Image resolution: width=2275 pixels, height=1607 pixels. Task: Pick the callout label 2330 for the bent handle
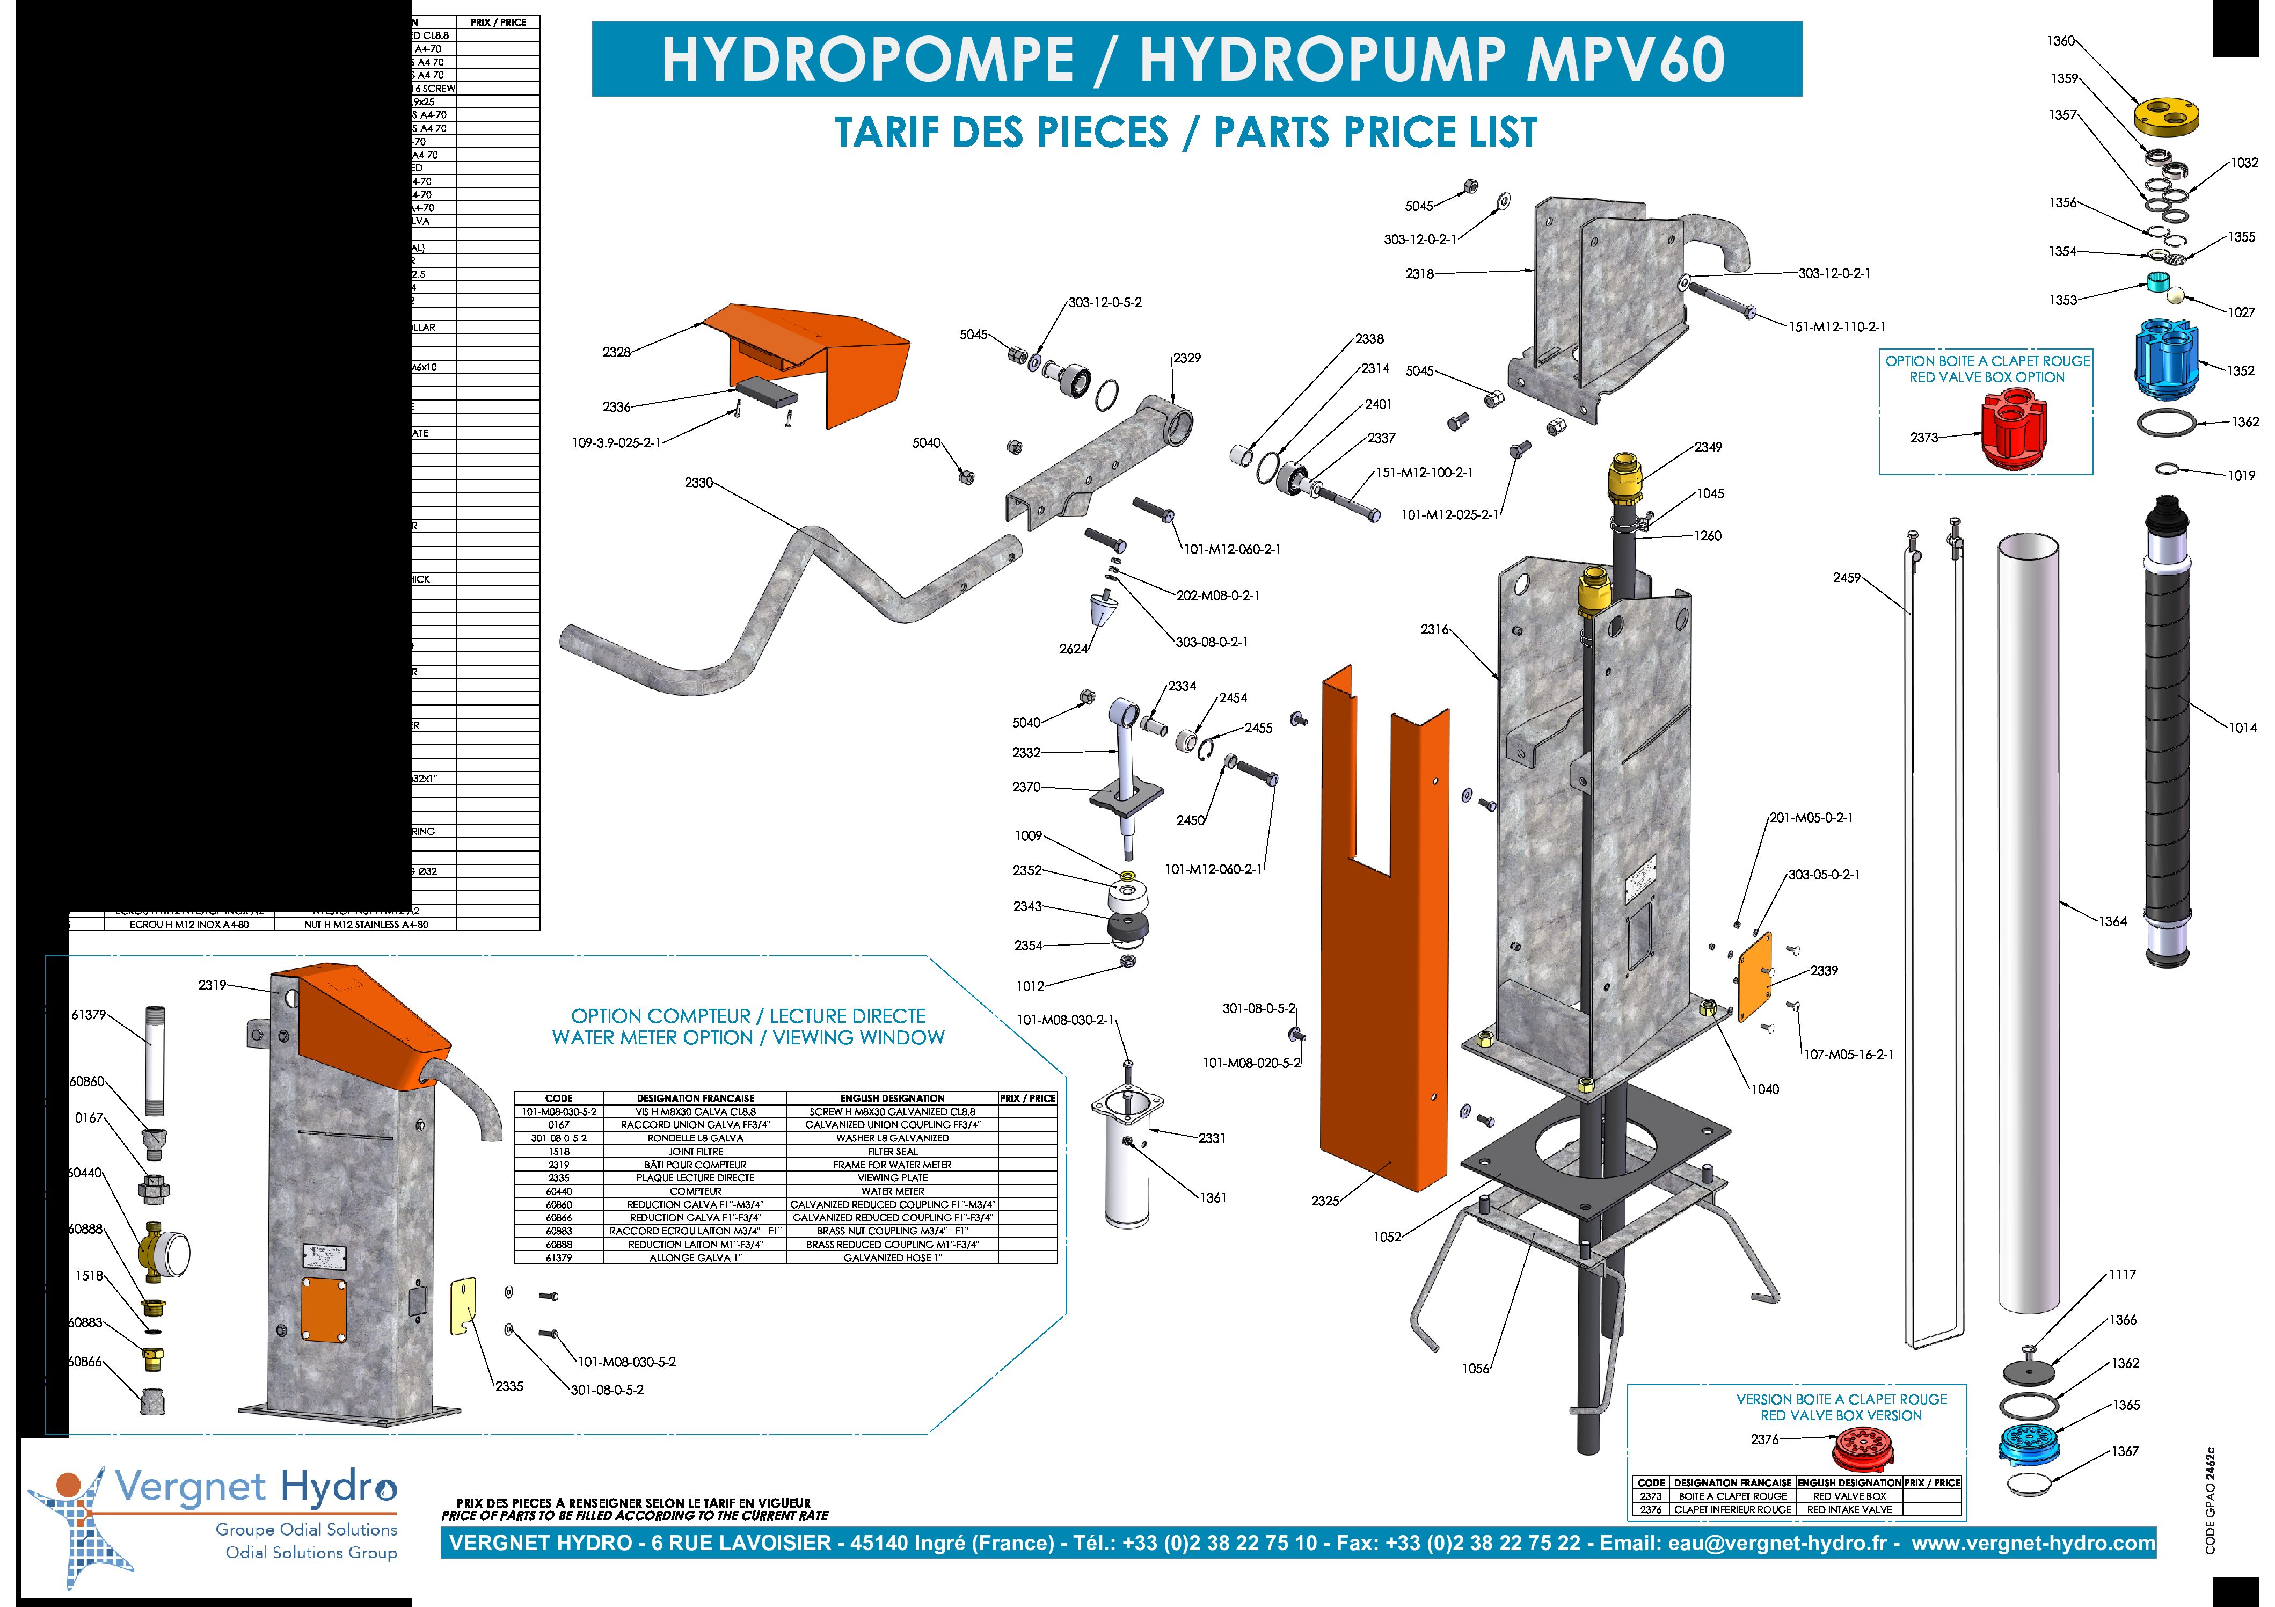698,483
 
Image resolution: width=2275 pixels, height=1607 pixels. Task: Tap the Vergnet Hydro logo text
256,1487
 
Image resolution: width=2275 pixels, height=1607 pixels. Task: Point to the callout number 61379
88,1015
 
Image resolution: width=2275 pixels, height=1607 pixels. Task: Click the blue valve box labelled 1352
2167,357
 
